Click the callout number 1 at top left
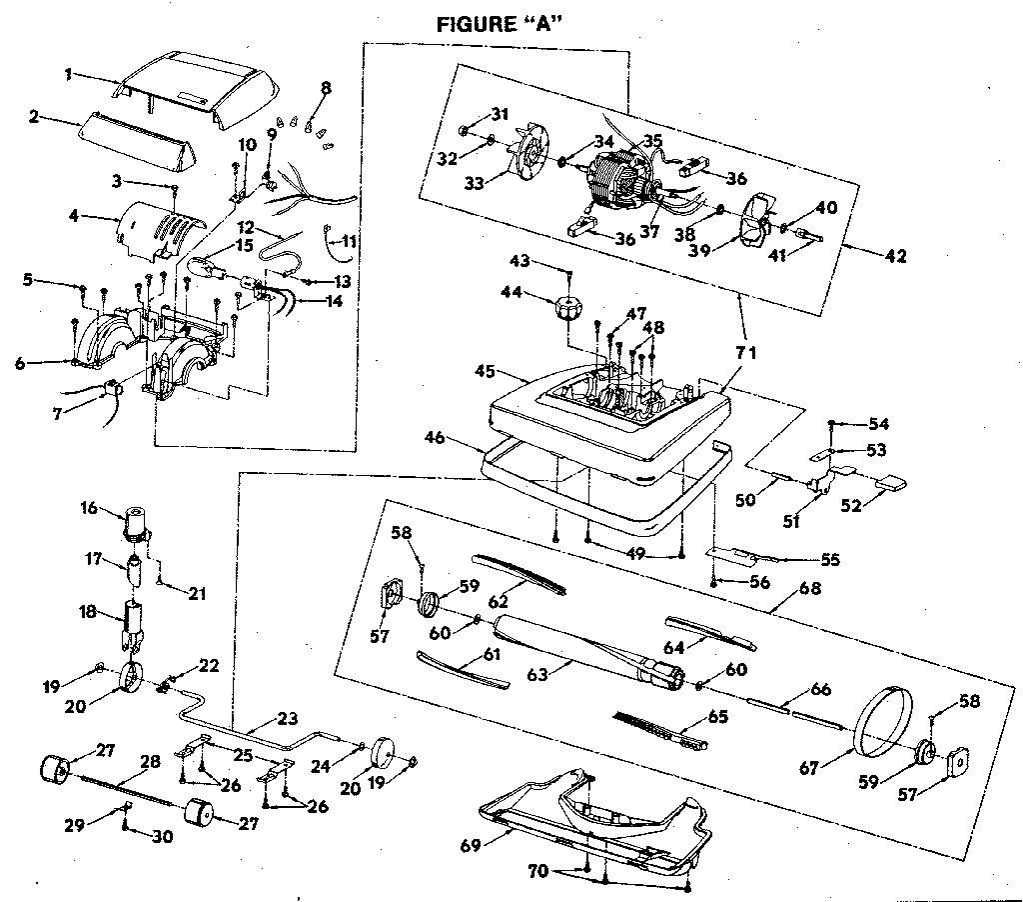[68, 73]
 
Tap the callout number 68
[809, 589]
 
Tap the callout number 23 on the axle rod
[287, 717]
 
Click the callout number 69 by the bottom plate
[470, 845]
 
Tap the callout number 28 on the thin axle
[150, 762]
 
